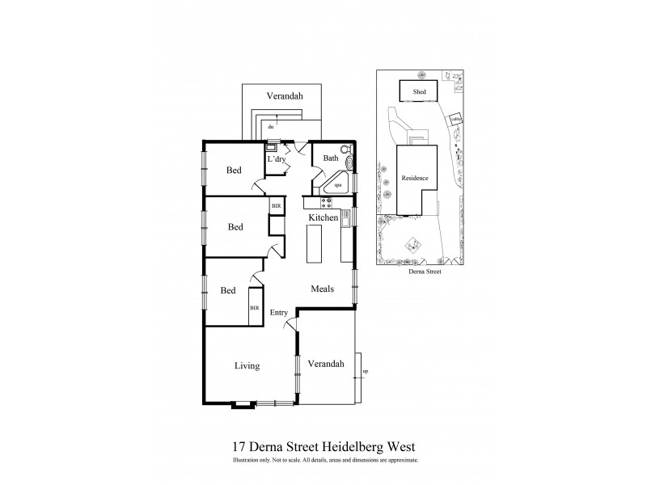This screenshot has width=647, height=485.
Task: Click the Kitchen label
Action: point(323,218)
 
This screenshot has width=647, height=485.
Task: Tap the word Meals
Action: point(324,289)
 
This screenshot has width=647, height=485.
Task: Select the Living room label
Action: point(247,366)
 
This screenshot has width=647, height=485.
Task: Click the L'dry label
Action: point(277,159)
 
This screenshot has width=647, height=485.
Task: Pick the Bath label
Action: point(330,158)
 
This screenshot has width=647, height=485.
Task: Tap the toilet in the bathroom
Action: point(346,150)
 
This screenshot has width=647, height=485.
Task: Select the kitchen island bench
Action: point(314,242)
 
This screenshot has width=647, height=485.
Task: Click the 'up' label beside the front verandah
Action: point(365,371)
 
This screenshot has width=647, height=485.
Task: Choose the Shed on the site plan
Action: point(419,92)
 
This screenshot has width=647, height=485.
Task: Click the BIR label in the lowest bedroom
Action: point(254,308)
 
